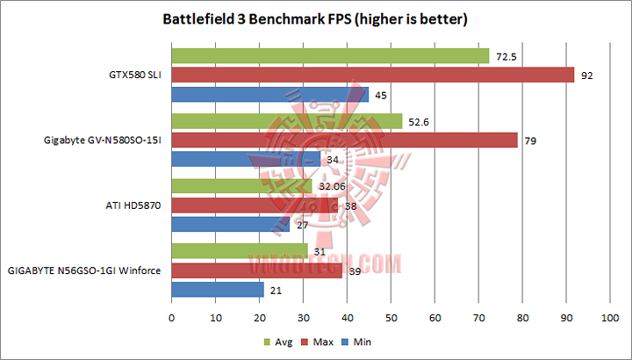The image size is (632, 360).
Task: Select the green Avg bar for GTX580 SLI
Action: tap(330, 56)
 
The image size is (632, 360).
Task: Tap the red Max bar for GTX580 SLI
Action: tap(372, 76)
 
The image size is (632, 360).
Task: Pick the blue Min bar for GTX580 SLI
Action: tap(269, 95)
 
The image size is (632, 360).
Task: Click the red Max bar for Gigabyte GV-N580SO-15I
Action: tap(344, 140)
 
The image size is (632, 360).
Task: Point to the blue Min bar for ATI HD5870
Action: tap(230, 224)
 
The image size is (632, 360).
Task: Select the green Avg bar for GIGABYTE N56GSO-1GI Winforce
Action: tap(239, 251)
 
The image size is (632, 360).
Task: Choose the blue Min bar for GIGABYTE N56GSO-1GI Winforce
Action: tap(217, 289)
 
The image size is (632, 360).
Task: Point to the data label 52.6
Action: tap(418, 121)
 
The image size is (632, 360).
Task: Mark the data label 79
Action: tap(530, 140)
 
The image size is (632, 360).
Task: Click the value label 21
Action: tap(276, 290)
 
